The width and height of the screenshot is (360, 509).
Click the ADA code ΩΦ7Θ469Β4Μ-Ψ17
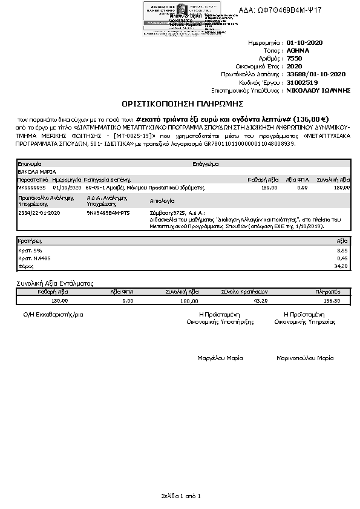pos(289,10)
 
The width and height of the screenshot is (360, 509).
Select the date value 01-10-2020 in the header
pos(306,43)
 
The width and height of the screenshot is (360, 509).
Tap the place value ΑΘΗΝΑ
pos(298,51)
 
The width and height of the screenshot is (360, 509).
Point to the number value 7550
pos(294,58)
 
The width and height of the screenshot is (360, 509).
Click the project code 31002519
pos(302,82)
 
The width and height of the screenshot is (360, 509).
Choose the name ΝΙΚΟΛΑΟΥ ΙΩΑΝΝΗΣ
pos(319,90)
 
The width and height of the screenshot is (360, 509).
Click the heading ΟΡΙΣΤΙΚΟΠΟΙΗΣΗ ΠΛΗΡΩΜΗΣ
pos(180,103)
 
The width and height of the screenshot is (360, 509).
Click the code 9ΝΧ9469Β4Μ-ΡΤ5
pos(108,213)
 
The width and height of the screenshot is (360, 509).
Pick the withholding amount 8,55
pos(342,249)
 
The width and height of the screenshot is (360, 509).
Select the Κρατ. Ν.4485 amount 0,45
pos(342,258)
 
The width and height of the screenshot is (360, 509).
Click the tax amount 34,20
pos(341,266)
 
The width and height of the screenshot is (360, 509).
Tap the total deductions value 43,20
pos(260,300)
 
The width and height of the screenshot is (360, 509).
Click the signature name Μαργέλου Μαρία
pos(220,358)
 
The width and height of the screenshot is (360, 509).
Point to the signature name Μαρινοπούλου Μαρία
pos(305,358)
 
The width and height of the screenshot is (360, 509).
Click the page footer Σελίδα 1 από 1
pos(180,496)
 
